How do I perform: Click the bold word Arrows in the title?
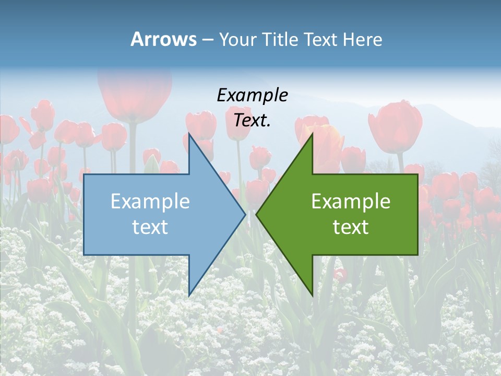163,39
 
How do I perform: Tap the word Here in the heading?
362,39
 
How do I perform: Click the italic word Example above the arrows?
252,95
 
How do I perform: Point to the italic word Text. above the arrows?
252,120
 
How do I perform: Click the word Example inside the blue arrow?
150,201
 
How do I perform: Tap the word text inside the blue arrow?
150,227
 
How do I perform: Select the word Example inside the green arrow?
351,201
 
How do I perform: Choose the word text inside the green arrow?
351,227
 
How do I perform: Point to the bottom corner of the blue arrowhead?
189,295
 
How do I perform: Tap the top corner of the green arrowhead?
313,134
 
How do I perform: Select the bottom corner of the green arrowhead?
313,296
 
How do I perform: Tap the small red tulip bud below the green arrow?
341,274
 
